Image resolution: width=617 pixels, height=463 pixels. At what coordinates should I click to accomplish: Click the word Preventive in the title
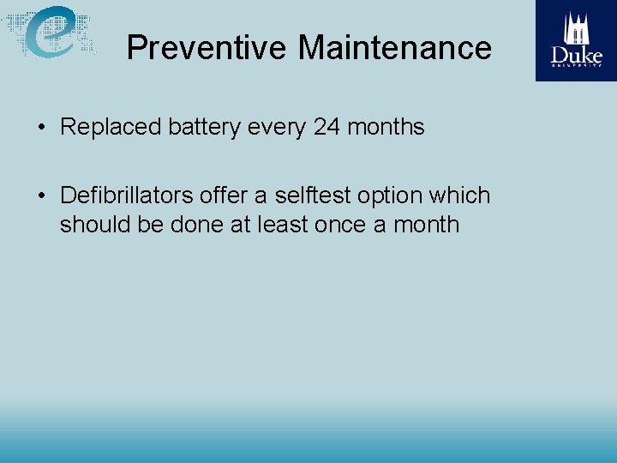[x=207, y=47]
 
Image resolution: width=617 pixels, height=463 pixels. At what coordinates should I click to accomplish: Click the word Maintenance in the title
[x=395, y=47]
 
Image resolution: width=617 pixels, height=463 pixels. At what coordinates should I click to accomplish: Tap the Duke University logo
[x=577, y=40]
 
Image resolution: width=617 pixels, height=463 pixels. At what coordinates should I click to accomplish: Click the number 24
[x=326, y=127]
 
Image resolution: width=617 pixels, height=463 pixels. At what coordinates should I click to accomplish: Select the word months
[x=385, y=127]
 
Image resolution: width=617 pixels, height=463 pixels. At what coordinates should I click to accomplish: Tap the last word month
[x=426, y=225]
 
